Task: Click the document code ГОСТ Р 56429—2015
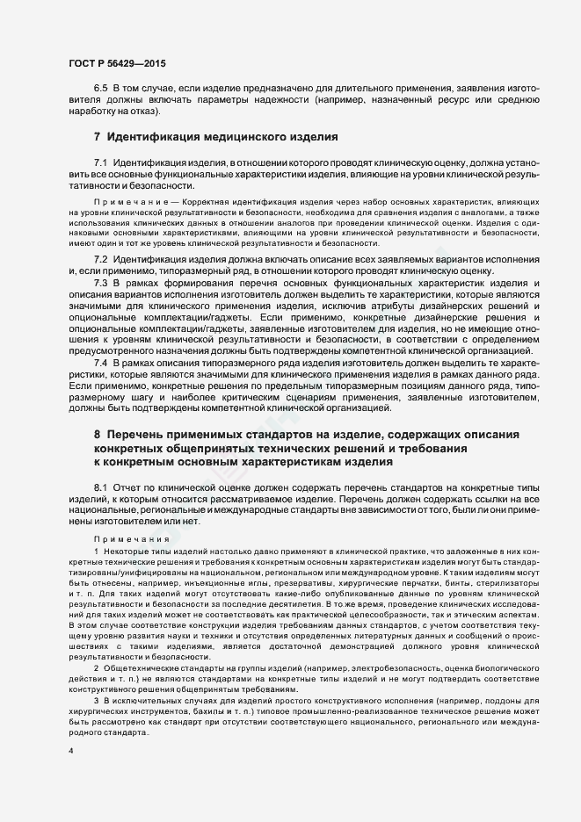[x=117, y=64]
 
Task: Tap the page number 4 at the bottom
[x=71, y=753]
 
